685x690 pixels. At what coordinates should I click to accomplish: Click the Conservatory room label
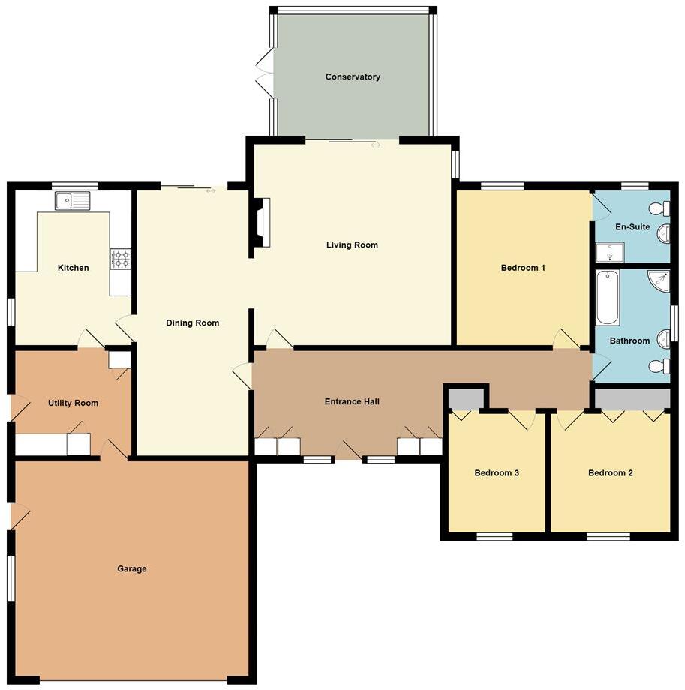coord(353,77)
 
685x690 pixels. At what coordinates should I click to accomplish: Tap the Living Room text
coord(352,245)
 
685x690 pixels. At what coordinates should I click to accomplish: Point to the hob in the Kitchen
coord(120,259)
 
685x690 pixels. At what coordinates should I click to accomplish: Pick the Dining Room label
coord(192,323)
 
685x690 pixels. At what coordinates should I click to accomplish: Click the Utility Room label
coord(73,403)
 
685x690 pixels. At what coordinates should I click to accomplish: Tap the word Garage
coord(131,569)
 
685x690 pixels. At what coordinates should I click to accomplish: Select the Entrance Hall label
coord(352,402)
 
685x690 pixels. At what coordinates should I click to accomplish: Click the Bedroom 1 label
coord(523,268)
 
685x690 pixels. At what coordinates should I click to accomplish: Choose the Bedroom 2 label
coord(610,473)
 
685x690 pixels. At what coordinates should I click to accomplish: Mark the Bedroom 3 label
coord(497,473)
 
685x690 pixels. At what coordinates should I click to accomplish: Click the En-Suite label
coord(632,226)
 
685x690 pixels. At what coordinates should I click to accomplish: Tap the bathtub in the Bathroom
coord(607,298)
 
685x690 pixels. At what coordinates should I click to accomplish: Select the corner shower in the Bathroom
coord(658,280)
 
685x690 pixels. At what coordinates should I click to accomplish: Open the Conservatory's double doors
coord(265,73)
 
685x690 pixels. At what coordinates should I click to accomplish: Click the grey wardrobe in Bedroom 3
coord(466,397)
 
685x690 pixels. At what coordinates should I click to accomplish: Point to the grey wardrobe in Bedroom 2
coord(632,398)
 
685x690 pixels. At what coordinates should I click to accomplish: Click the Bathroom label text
coord(629,341)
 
